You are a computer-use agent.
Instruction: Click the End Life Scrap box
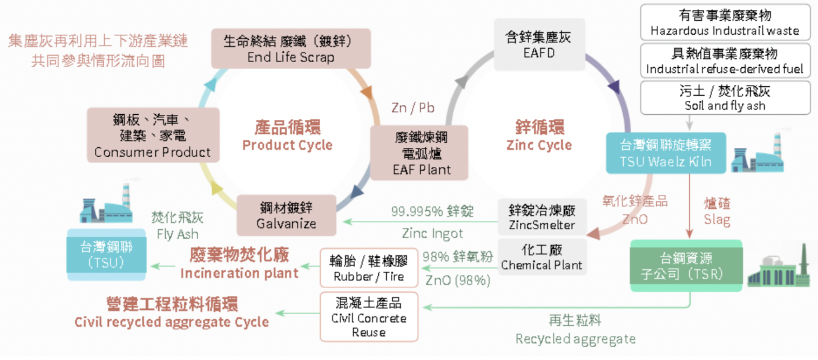click(291, 49)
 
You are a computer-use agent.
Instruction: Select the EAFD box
click(539, 45)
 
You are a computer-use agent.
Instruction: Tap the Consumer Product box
click(153, 135)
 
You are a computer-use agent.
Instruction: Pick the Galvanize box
click(286, 215)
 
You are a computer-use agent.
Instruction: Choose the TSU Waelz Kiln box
click(666, 153)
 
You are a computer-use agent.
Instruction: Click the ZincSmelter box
click(542, 217)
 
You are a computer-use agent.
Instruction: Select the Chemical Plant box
click(542, 257)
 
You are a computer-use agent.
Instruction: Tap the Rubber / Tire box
click(369, 268)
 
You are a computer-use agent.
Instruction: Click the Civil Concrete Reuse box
click(369, 317)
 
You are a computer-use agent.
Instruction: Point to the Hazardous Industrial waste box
click(725, 22)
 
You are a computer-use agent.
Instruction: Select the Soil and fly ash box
click(725, 98)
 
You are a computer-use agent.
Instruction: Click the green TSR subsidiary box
click(686, 266)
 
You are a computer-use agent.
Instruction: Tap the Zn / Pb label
click(413, 108)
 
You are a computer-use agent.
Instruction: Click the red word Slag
click(717, 219)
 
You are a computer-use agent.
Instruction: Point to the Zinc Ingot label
click(432, 233)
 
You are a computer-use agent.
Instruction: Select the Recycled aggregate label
click(575, 339)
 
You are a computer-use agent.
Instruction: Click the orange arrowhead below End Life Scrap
click(367, 92)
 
